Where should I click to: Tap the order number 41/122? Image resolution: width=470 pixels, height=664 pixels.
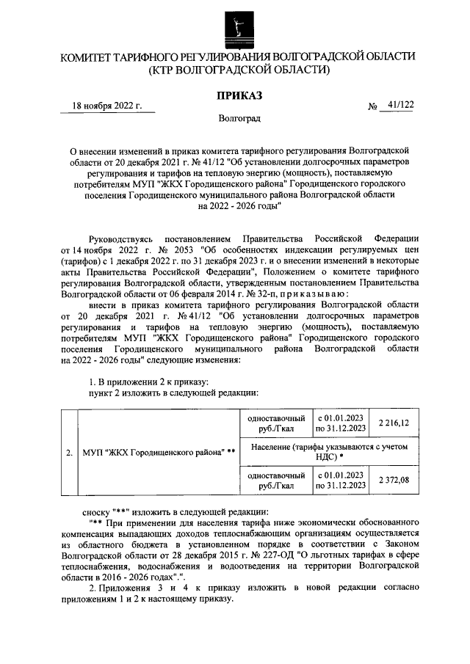[399, 106]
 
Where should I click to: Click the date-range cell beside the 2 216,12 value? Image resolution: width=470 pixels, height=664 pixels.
[340, 423]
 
